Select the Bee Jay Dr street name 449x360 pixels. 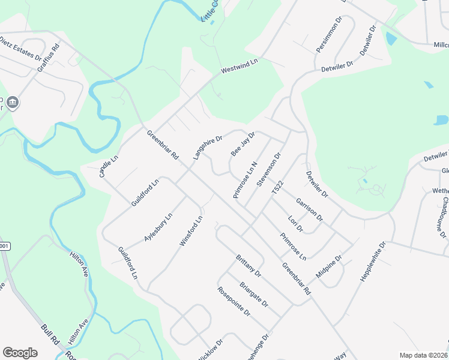coord(243,144)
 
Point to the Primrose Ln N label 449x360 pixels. coord(246,180)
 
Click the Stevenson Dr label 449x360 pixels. coord(269,170)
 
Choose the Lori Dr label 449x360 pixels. coord(295,224)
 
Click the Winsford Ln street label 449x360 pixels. coord(191,231)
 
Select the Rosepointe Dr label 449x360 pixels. coord(234,301)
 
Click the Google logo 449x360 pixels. coord(20,353)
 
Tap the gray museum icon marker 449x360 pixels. coord(13,104)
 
